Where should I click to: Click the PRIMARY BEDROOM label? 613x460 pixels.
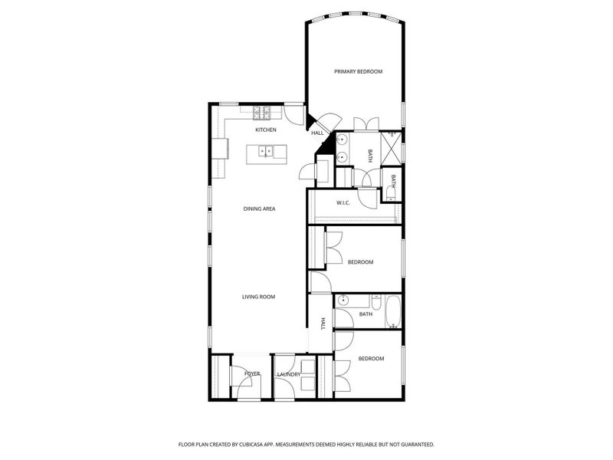(x=358, y=71)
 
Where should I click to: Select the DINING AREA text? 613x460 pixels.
(x=259, y=209)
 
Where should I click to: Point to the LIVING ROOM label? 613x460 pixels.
(x=258, y=297)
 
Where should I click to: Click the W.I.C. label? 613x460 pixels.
(x=343, y=203)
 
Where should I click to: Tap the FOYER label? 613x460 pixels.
(x=252, y=374)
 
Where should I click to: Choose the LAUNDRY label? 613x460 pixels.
(x=289, y=374)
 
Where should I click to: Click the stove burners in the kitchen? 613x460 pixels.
(x=263, y=113)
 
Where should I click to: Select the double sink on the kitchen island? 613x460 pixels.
(x=266, y=151)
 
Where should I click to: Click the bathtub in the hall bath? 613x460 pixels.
(x=392, y=312)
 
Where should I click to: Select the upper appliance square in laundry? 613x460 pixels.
(x=309, y=366)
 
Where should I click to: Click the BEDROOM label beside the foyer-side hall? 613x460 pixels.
(x=371, y=359)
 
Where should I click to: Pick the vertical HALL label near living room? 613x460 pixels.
(x=323, y=324)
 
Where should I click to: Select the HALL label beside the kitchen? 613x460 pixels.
(x=316, y=133)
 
